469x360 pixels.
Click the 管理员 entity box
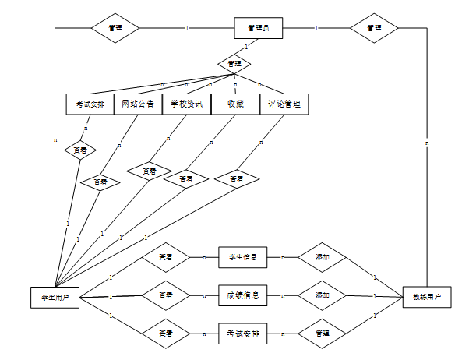coord(258,28)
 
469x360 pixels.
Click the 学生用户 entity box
coord(54,297)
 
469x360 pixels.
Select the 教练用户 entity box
coord(427,297)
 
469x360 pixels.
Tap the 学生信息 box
coord(242,256)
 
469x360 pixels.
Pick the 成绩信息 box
coord(242,296)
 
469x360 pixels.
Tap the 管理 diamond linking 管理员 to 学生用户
coord(115,28)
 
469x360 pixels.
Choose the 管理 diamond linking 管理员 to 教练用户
coord(374,28)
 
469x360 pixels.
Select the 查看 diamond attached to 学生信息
coord(165,256)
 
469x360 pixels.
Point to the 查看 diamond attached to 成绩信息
coord(165,296)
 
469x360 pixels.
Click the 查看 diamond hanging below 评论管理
coord(237,179)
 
